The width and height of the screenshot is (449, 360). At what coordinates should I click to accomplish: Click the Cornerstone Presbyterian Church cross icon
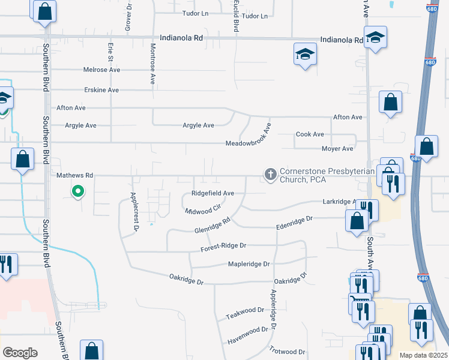pos(270,175)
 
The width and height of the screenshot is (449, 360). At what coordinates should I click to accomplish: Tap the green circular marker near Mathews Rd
pos(77,192)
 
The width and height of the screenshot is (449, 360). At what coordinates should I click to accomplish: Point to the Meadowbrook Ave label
pos(248,144)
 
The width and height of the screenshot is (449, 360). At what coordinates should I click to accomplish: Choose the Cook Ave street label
pos(310,134)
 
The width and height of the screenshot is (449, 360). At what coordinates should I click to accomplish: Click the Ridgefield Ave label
pos(212,193)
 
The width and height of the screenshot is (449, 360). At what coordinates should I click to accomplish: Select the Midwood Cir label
pos(203,211)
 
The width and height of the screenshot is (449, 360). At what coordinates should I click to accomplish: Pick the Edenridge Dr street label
pos(294,220)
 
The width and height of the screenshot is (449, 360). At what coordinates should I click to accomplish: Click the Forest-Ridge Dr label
pos(224,245)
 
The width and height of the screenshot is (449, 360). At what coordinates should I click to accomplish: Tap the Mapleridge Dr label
pos(249,263)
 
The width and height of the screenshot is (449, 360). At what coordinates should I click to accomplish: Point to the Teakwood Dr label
pos(245,313)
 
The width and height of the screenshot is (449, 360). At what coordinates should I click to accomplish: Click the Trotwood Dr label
pos(287,352)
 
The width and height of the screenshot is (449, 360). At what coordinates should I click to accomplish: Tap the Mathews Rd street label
pos(75,176)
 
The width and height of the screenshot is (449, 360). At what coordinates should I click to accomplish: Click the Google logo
pos(20,353)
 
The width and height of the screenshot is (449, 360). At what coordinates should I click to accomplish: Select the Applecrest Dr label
pos(134,212)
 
